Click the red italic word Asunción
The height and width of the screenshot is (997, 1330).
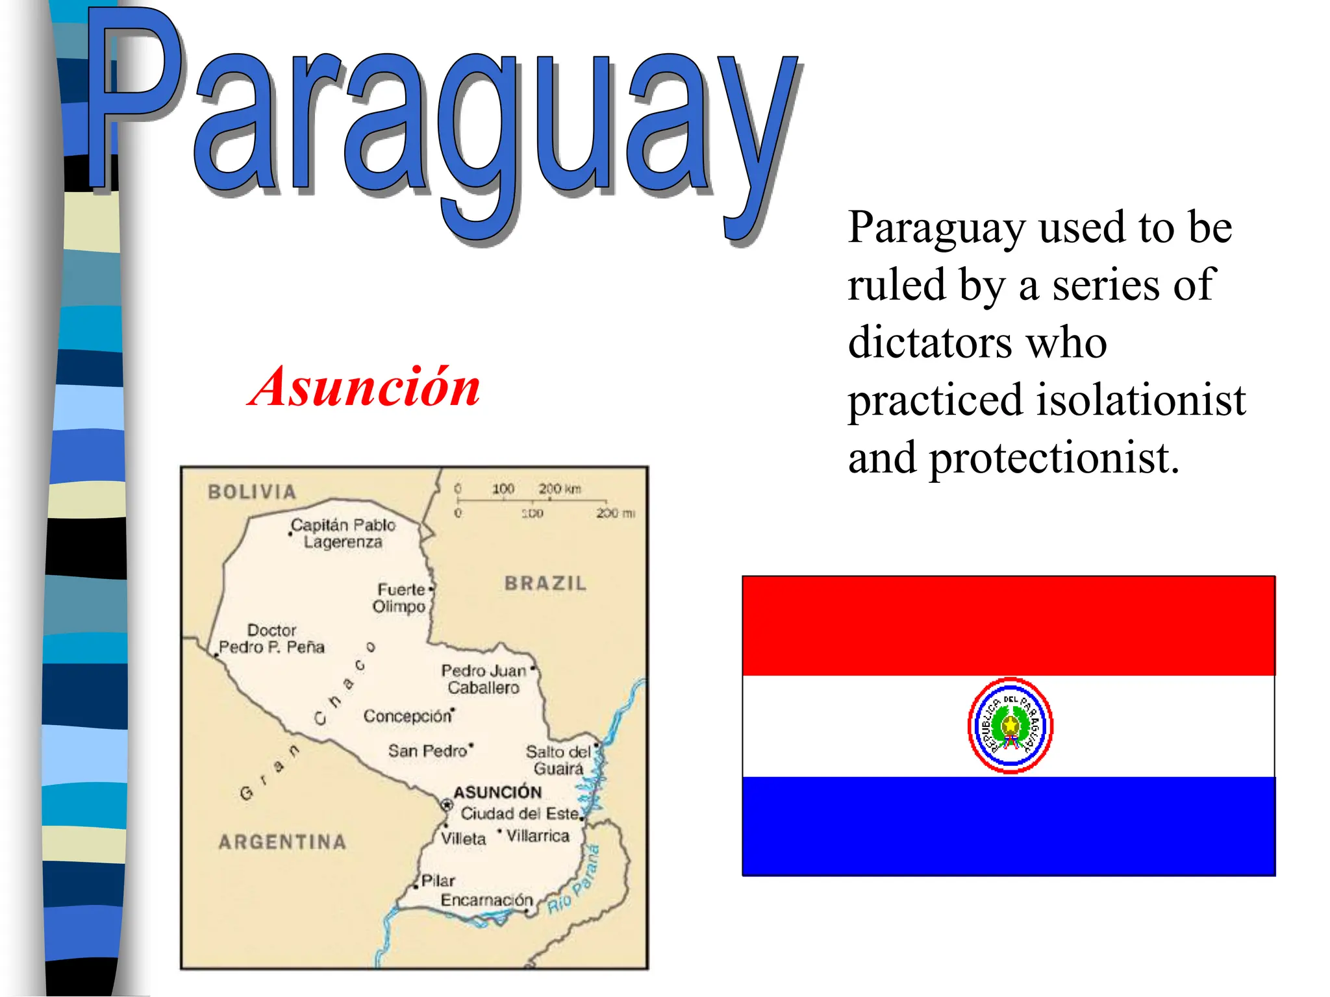pyautogui.click(x=364, y=388)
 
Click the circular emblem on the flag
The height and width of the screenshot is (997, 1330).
pyautogui.click(x=1010, y=726)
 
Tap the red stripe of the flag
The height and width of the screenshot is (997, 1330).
pyautogui.click(x=1009, y=625)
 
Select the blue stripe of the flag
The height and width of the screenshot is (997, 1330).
pyautogui.click(x=1009, y=826)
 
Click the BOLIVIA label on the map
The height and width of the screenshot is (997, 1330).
pyautogui.click(x=252, y=492)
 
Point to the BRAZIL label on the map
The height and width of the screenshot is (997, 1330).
pyautogui.click(x=546, y=583)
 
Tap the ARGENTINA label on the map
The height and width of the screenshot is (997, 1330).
pyautogui.click(x=282, y=842)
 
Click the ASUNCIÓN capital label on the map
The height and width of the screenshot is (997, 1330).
pyautogui.click(x=497, y=792)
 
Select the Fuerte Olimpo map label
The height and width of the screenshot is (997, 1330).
pyautogui.click(x=400, y=598)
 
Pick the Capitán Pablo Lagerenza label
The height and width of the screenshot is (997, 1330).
pyautogui.click(x=343, y=533)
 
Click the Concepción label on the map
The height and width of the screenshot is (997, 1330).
pyautogui.click(x=407, y=716)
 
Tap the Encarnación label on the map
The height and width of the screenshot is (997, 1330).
pyautogui.click(x=486, y=900)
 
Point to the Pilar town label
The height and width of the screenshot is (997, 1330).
pyautogui.click(x=438, y=881)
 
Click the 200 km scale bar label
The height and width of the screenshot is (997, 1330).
pyautogui.click(x=559, y=488)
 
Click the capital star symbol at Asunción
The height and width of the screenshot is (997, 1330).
pyautogui.click(x=446, y=805)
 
